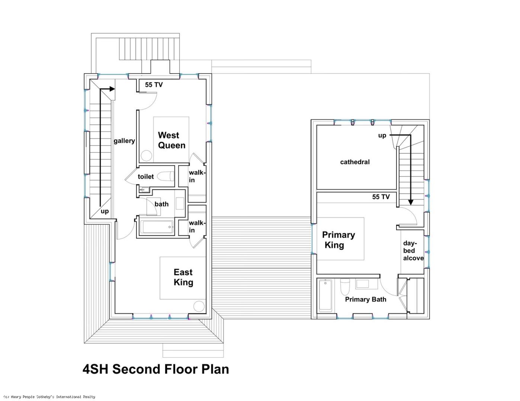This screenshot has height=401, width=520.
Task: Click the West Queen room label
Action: [x=171, y=140]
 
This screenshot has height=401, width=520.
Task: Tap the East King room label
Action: [x=183, y=277]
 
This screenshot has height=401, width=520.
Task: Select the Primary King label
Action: [x=338, y=240]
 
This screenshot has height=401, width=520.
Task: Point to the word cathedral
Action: [x=355, y=162]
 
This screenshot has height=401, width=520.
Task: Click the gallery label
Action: [x=124, y=141]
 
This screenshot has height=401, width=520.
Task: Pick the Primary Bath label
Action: [x=366, y=299]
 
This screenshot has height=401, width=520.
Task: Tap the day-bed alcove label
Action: [x=413, y=251]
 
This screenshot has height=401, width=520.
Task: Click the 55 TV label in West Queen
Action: [x=154, y=85]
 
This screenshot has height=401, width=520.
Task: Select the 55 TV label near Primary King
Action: [x=381, y=196]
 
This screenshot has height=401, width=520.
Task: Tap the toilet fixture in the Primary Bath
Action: [x=345, y=287]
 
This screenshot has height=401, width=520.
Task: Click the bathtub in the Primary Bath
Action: [x=325, y=296]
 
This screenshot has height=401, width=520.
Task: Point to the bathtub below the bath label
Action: [x=157, y=226]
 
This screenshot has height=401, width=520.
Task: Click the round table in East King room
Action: [x=199, y=306]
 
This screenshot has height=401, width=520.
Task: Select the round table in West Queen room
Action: [x=147, y=156]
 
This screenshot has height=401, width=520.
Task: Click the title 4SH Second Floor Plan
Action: [x=156, y=369]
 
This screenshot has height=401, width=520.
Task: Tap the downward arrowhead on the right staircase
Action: [x=411, y=202]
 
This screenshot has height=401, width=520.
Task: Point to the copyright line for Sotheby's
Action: [x=49, y=397]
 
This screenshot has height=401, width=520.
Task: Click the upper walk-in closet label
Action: [x=197, y=176]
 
